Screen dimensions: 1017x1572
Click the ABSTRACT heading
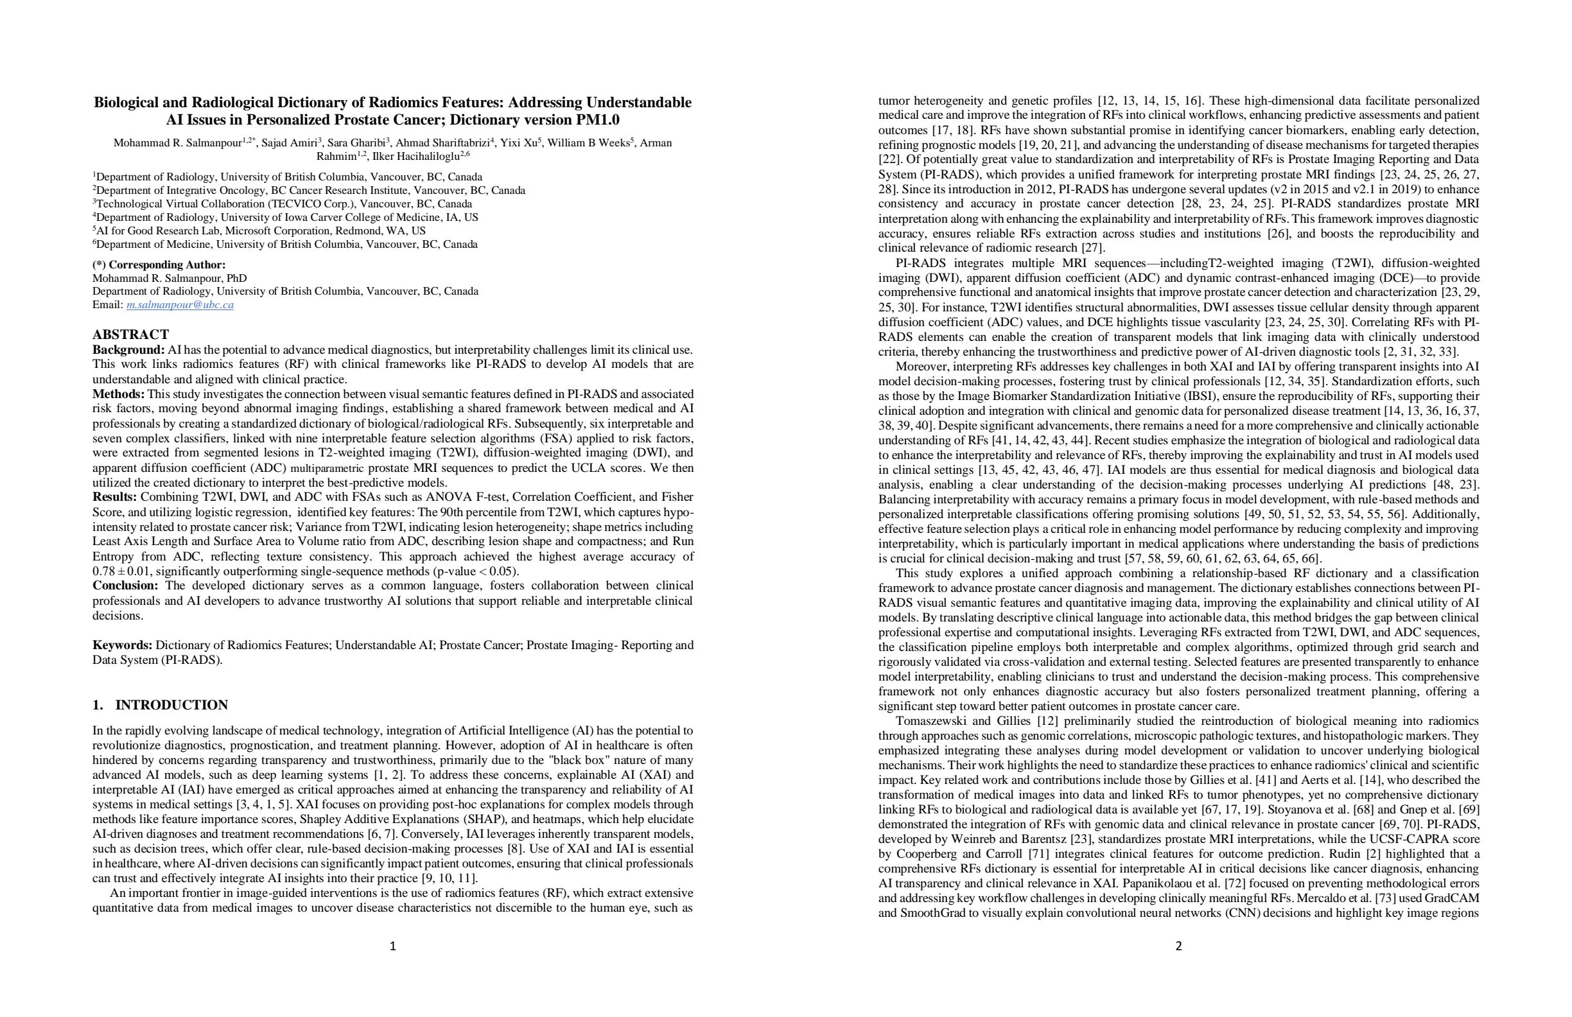click(x=130, y=334)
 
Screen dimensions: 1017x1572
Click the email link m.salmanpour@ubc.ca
click(x=180, y=305)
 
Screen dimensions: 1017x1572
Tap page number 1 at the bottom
click(x=392, y=946)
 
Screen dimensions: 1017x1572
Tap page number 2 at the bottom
click(x=1178, y=946)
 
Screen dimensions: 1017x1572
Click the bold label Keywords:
click(x=122, y=645)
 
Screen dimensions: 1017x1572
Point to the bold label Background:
click(x=128, y=350)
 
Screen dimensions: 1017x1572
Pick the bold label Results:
click(x=115, y=498)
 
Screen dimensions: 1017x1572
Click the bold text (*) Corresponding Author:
click(x=159, y=265)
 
